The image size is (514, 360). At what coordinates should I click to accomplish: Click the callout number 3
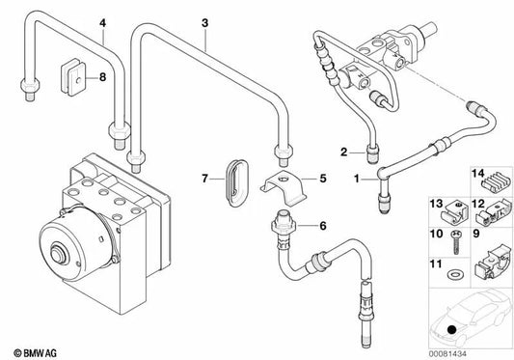[203, 20]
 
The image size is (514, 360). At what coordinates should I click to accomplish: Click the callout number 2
[342, 150]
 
